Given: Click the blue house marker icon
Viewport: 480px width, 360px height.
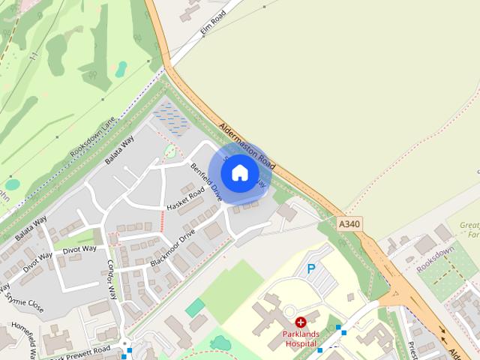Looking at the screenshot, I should (x=239, y=173).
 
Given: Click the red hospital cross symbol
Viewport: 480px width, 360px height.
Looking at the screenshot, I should (x=300, y=322).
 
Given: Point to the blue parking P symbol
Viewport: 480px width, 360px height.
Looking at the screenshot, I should (x=311, y=268).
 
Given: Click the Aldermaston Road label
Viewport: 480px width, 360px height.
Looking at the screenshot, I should (x=248, y=145).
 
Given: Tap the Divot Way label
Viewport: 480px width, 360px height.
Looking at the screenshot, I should (x=79, y=249).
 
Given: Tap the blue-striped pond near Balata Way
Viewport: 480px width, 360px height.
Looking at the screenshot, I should (x=171, y=118).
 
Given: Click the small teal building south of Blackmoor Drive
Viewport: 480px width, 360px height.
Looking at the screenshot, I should (x=195, y=307).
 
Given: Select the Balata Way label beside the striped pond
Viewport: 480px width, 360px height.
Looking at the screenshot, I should (x=119, y=149).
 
